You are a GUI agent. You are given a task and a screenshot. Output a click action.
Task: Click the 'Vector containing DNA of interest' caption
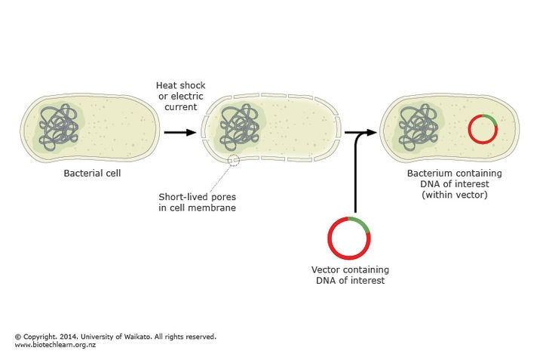click(348, 275)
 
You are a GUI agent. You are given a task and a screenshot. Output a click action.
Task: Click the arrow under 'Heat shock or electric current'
click(179, 132)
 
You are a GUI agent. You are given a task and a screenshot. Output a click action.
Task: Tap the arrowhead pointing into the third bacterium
click(372, 132)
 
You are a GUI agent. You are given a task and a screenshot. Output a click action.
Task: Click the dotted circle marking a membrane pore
click(235, 160)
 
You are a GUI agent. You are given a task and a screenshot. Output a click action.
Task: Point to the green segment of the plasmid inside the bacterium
click(488, 120)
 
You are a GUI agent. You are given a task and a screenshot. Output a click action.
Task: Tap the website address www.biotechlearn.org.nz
click(55, 345)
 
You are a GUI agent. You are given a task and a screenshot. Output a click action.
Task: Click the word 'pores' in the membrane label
click(219, 198)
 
